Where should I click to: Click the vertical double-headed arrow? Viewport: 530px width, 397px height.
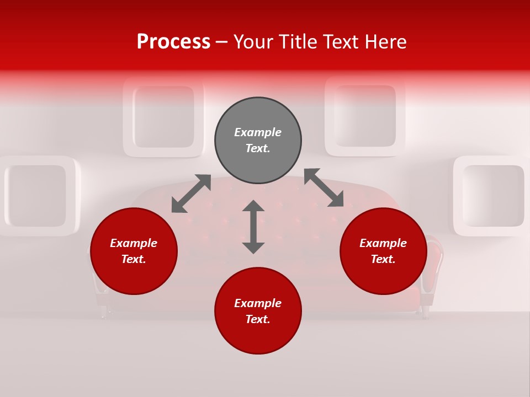pyautogui.click(x=253, y=227)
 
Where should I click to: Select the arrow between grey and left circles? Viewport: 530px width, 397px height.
pyautogui.click(x=191, y=194)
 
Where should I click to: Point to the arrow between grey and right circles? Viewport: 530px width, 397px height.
pyautogui.click(x=324, y=187)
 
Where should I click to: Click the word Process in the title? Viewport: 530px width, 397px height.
pyautogui.click(x=173, y=42)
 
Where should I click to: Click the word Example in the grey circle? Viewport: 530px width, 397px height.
pyautogui.click(x=258, y=132)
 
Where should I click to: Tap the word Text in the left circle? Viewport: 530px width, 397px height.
pyautogui.click(x=134, y=259)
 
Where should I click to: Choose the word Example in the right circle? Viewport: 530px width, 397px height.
pyautogui.click(x=383, y=243)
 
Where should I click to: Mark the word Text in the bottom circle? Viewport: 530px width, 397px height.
pyautogui.click(x=258, y=319)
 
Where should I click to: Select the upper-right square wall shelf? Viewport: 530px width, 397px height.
pyautogui.click(x=365, y=116)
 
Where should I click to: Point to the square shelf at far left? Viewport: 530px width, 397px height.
pyautogui.click(x=38, y=196)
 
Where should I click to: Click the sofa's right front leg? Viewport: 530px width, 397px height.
pyautogui.click(x=426, y=312)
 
